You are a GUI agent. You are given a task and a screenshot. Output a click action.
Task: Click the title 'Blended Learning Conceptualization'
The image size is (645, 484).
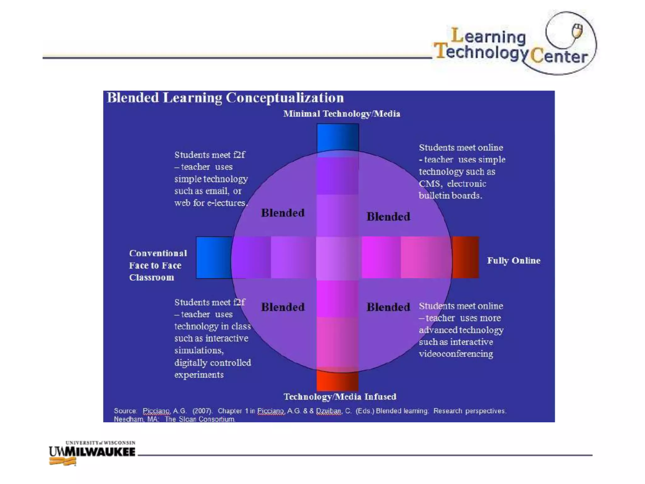point(225,98)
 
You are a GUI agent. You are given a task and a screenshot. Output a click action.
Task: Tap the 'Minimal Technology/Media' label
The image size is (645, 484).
point(341,114)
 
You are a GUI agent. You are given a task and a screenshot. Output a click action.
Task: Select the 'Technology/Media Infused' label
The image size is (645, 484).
point(340,397)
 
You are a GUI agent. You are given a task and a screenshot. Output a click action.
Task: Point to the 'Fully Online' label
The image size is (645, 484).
point(514,261)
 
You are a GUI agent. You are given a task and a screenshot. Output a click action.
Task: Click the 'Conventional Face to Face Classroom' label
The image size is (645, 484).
point(158,265)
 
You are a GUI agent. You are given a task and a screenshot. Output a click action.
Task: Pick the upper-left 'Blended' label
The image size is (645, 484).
point(283,213)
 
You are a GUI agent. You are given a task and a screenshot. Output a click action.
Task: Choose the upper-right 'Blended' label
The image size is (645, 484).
point(388,217)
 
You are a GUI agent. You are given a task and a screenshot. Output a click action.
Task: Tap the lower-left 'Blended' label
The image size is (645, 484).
point(283,307)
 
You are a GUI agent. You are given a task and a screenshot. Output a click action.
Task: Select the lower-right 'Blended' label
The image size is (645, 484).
point(388,307)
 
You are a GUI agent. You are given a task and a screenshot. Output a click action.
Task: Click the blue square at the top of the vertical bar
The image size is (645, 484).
point(338,137)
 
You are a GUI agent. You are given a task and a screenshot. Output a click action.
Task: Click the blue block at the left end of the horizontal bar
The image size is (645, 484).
point(214,257)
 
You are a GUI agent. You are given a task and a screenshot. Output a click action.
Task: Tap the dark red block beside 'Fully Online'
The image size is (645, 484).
point(465,257)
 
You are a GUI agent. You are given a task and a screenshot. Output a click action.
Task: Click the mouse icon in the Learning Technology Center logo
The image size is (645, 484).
point(577,31)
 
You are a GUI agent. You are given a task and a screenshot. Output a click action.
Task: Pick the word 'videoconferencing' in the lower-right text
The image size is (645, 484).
point(456,354)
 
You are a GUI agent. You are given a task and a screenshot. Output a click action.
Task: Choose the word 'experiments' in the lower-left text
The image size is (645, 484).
point(199,375)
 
